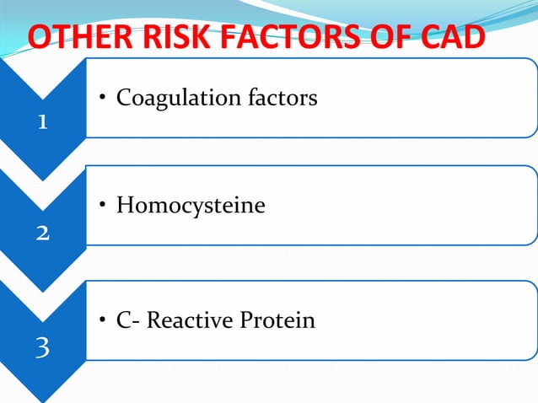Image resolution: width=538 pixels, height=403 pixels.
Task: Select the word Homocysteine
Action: [191, 205]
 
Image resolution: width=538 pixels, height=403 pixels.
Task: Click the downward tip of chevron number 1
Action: [42, 177]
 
